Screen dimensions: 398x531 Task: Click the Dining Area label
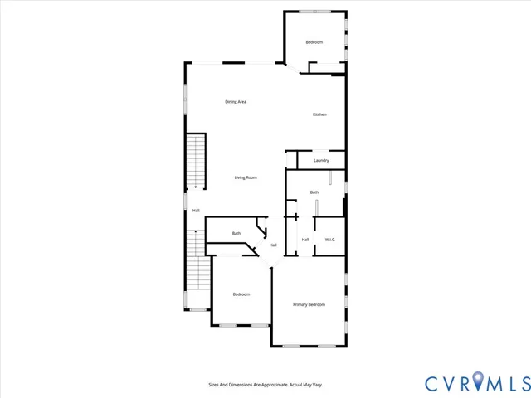tap(236, 102)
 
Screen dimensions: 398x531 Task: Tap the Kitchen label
tap(319, 114)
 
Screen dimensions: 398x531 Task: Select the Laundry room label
tap(321, 160)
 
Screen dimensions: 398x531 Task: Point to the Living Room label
tap(245, 177)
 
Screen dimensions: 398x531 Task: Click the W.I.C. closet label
tap(329, 240)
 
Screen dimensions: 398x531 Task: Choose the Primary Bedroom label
tap(309, 305)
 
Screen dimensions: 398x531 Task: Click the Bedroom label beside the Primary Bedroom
tap(241, 294)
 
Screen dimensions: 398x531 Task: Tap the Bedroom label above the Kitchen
tap(314, 42)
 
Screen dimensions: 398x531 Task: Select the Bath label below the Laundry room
tap(314, 192)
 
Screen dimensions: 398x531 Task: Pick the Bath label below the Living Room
tap(236, 233)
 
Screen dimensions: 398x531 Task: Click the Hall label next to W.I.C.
tap(305, 240)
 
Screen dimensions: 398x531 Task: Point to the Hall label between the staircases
tap(196, 211)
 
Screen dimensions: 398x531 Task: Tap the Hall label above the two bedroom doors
tap(273, 245)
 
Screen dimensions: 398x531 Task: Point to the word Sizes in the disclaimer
tap(213, 385)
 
